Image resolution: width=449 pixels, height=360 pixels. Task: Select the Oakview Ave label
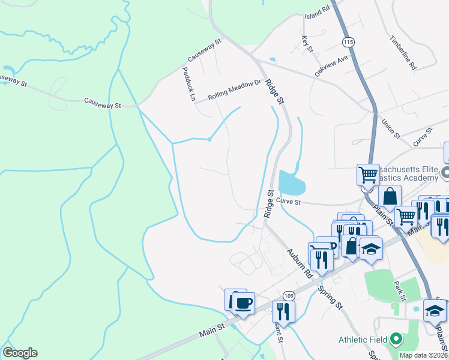(331, 66)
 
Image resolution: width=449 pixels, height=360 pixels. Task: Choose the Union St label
(390, 128)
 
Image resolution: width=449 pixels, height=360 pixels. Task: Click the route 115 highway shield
(348, 42)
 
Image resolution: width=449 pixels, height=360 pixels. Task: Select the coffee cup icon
(243, 303)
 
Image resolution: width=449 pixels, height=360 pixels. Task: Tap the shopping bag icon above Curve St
(390, 196)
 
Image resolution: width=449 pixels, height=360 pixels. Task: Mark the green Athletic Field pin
(395, 340)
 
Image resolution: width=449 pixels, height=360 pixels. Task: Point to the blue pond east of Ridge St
(292, 182)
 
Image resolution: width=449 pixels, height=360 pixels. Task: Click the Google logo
(20, 353)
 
